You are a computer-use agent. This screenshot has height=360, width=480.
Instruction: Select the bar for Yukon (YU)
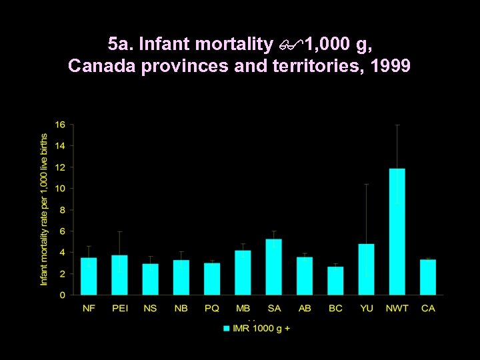[x=366, y=269]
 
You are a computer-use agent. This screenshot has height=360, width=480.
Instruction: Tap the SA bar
[x=273, y=267]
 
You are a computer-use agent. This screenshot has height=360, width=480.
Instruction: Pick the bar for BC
[x=335, y=281]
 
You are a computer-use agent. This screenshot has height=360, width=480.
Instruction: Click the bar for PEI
[x=119, y=275]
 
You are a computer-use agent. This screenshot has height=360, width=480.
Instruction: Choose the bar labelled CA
[x=428, y=277]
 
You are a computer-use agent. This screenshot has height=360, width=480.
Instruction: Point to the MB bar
[x=243, y=273]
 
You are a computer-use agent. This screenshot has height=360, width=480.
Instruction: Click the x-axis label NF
[x=89, y=308]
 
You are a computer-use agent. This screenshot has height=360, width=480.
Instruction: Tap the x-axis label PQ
[x=212, y=308]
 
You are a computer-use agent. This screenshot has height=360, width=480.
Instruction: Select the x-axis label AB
[x=305, y=308]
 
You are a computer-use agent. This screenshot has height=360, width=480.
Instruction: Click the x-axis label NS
[x=150, y=308]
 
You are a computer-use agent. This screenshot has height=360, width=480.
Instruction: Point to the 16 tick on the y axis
[x=60, y=125]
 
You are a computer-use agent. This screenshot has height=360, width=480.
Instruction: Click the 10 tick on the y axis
[x=60, y=189]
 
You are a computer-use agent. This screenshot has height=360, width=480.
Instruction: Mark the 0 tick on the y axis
[x=62, y=295]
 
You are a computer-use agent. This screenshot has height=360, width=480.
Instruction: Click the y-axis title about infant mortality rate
[x=44, y=209]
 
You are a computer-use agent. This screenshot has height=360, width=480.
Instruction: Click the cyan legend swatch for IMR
[x=227, y=328]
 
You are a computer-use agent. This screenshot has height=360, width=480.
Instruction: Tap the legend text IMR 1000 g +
[x=261, y=328]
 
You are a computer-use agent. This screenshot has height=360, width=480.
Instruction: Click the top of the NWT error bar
[x=397, y=125]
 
